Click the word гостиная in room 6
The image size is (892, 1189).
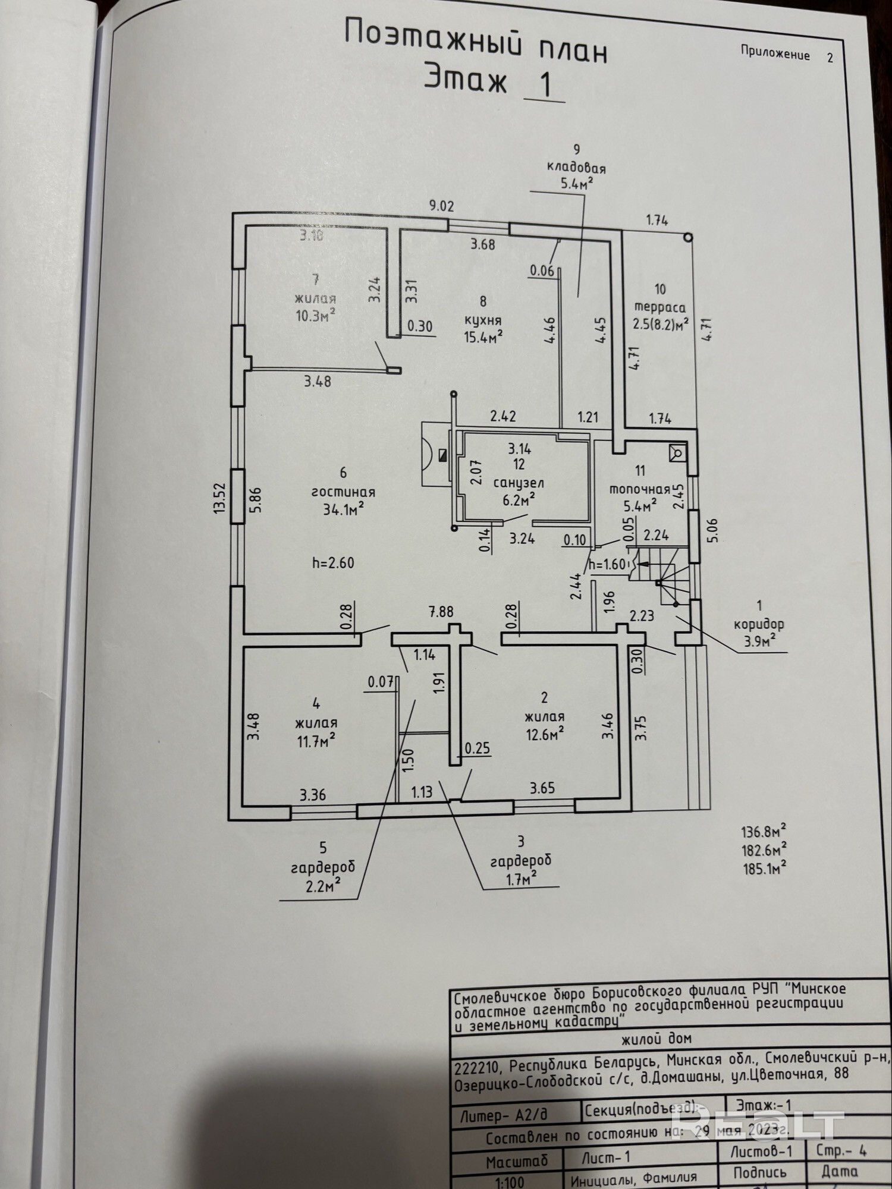(343, 492)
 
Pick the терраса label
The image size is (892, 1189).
(659, 307)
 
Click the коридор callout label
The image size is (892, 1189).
(759, 624)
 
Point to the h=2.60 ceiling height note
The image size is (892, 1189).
(333, 562)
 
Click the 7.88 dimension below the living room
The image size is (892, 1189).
(441, 612)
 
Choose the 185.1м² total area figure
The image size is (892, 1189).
(764, 869)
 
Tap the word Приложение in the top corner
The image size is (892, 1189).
(775, 54)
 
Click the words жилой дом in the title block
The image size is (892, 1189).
(656, 1039)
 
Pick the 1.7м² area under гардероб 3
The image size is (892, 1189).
(521, 877)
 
